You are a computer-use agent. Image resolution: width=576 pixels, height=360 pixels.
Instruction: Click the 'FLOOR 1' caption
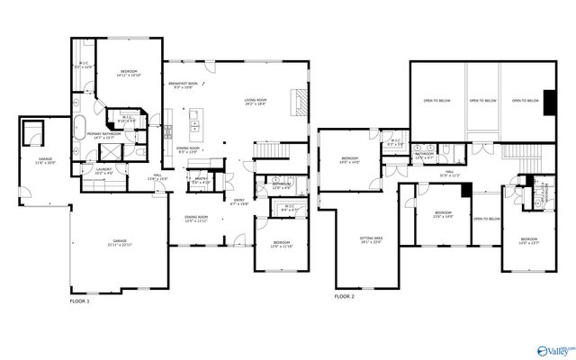pyautogui.click(x=80, y=301)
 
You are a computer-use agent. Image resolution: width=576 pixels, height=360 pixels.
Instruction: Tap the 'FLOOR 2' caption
pyautogui.click(x=345, y=296)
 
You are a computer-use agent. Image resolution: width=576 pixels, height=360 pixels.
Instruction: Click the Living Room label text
pyautogui.click(x=262, y=102)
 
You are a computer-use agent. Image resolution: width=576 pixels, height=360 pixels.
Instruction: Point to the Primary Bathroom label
pyautogui.click(x=101, y=136)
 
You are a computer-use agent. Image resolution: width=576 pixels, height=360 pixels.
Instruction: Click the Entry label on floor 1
pyautogui.click(x=240, y=202)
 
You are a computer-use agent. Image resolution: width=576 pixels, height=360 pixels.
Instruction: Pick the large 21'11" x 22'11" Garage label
pyautogui.click(x=120, y=244)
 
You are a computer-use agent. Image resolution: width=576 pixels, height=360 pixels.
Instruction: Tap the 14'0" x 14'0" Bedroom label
pyautogui.click(x=349, y=161)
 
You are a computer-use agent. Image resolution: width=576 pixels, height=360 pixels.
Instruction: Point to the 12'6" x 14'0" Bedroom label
pyautogui.click(x=444, y=215)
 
